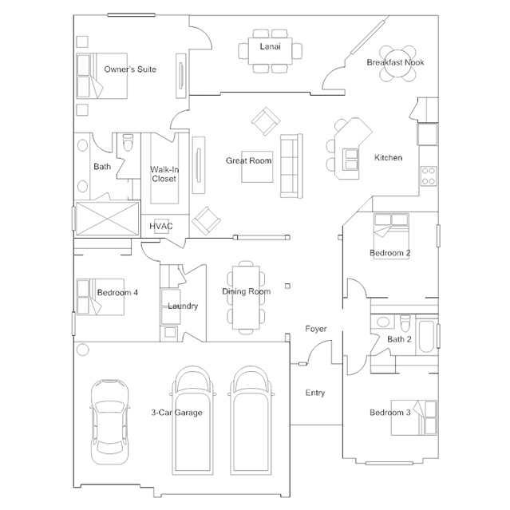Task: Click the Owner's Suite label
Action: [130, 69]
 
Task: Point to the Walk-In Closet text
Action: [164, 174]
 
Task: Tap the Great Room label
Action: [248, 161]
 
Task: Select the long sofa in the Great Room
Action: [289, 167]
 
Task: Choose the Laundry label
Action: [183, 306]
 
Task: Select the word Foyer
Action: [316, 329]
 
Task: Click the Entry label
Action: [315, 393]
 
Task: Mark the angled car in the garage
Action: [108, 419]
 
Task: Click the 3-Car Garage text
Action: [176, 413]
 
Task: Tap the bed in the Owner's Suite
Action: [101, 76]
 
